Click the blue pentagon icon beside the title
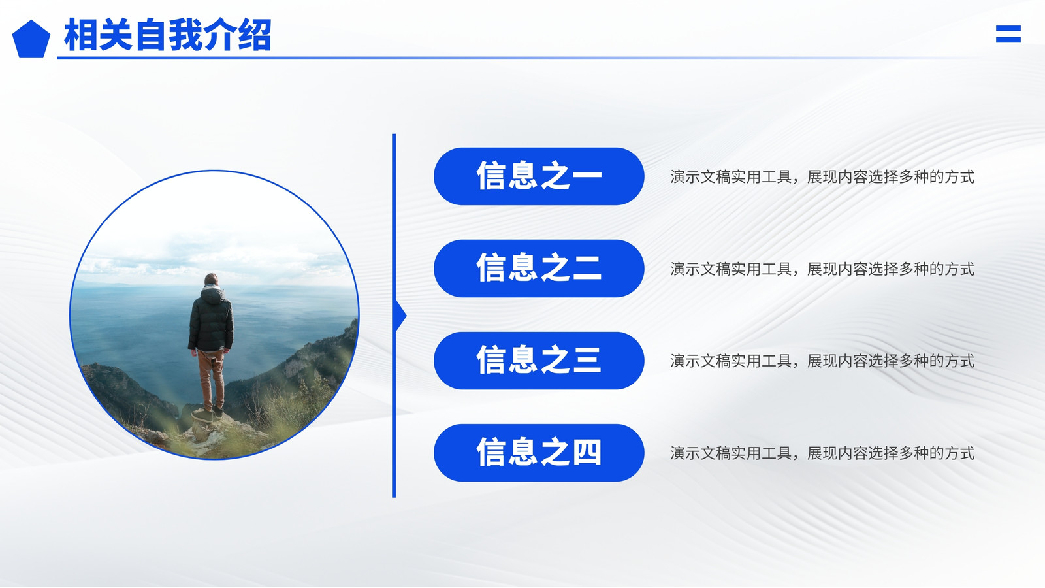coord(31,40)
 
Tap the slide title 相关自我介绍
coord(168,35)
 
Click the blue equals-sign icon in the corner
coord(1008,34)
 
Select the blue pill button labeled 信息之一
coord(539,176)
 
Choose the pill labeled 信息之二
coord(539,269)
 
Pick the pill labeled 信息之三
coord(539,360)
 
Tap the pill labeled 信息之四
coord(539,453)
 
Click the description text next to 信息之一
coord(822,177)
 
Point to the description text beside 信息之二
coord(822,269)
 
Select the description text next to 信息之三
coord(822,361)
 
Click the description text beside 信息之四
coord(822,453)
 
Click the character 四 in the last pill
coord(587,452)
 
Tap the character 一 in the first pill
coord(587,176)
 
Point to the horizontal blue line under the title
coord(513,58)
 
